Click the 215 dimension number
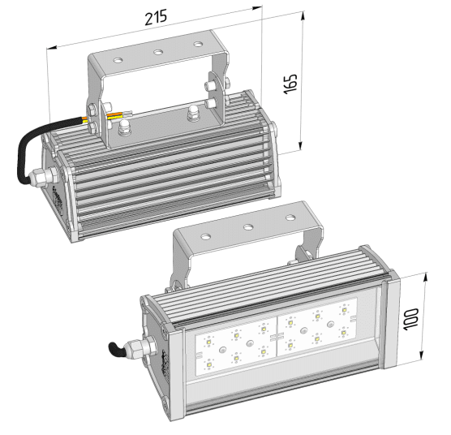(x=156, y=17)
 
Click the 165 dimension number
(x=290, y=84)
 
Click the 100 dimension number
(x=410, y=319)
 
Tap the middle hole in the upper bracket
(x=158, y=52)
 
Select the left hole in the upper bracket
(x=118, y=60)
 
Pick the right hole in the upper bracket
(x=198, y=45)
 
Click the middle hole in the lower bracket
(x=248, y=227)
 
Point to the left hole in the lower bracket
(x=206, y=237)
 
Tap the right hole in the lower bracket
(x=290, y=217)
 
